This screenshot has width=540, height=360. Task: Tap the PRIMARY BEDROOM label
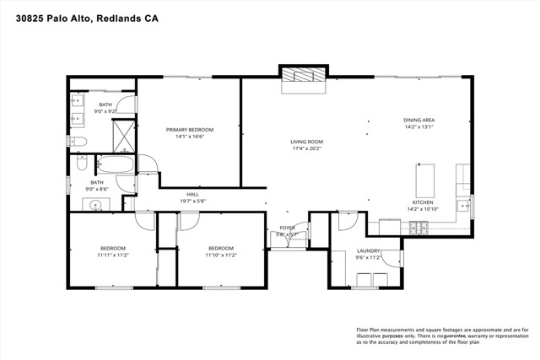[189, 130]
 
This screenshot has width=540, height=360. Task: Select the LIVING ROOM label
[307, 142]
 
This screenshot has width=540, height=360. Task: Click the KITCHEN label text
[423, 202]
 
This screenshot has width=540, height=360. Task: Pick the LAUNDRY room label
[368, 251]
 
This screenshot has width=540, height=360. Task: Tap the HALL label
[192, 194]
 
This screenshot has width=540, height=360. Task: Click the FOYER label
[288, 228]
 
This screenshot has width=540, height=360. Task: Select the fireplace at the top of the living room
[303, 75]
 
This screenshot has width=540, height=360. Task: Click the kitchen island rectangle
[424, 180]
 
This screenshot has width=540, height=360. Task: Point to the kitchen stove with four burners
[418, 227]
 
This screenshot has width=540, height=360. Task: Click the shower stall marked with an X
[124, 133]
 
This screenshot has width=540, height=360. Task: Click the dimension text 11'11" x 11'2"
[111, 255]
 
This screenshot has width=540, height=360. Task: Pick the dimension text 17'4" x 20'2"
[307, 150]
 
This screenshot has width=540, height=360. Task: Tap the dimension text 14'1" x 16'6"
[189, 137]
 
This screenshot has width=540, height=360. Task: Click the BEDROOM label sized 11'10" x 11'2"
[220, 248]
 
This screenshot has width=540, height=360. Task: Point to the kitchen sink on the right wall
[463, 206]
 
